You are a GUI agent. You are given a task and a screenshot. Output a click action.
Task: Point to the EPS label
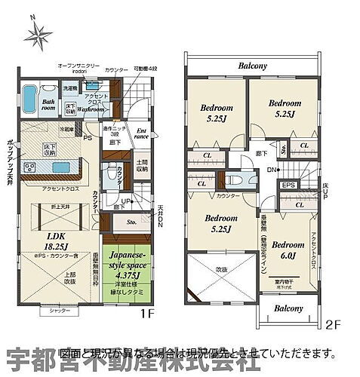point(288,185)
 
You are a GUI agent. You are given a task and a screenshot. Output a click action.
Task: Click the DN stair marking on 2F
point(274,170)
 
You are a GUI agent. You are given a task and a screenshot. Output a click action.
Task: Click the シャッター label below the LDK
point(53,311)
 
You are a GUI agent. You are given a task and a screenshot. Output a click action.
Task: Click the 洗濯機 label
point(69,90)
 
